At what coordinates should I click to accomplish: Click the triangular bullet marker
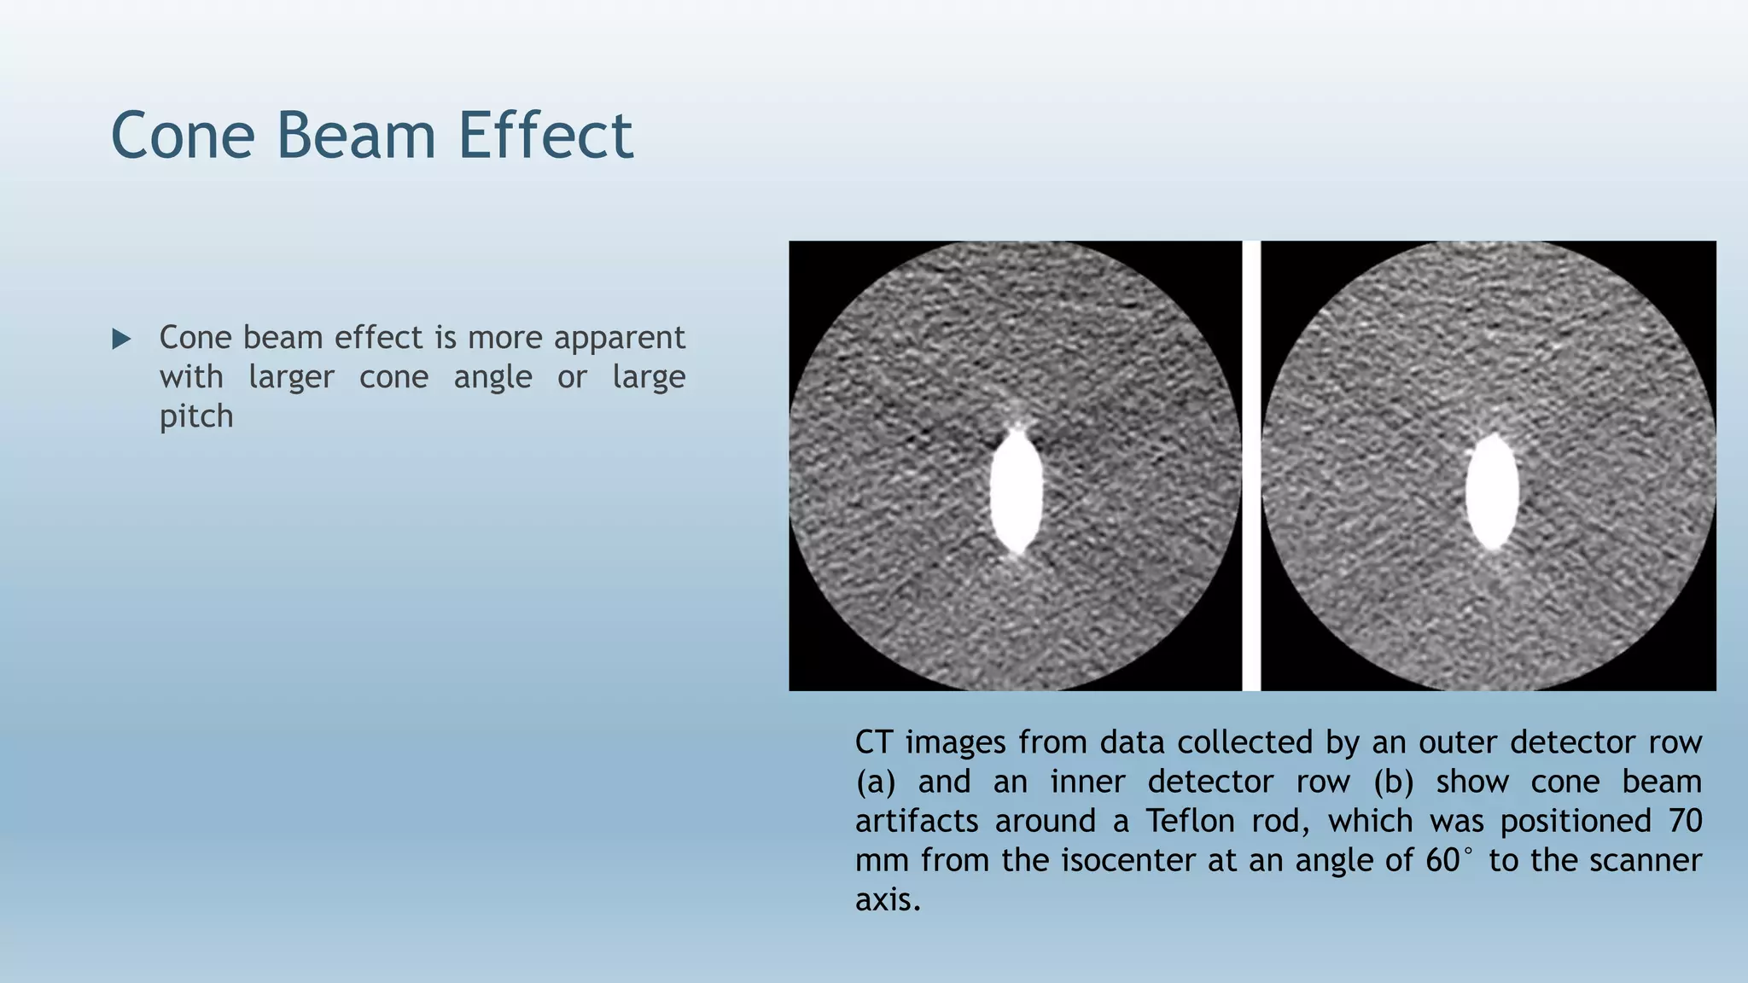tap(121, 340)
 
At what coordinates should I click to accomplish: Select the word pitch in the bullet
tap(196, 417)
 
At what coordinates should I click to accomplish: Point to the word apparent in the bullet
tap(619, 339)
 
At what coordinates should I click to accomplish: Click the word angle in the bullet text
tap(492, 377)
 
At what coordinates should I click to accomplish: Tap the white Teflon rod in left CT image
tap(1016, 491)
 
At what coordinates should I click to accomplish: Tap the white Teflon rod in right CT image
tap(1492, 491)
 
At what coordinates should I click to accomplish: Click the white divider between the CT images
tap(1251, 466)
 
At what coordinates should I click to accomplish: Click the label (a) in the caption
tap(875, 782)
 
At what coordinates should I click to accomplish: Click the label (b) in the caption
tap(1393, 782)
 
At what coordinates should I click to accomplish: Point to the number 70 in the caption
tap(1685, 821)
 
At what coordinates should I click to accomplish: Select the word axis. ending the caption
tap(888, 899)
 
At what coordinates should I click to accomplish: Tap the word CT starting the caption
tap(874, 742)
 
